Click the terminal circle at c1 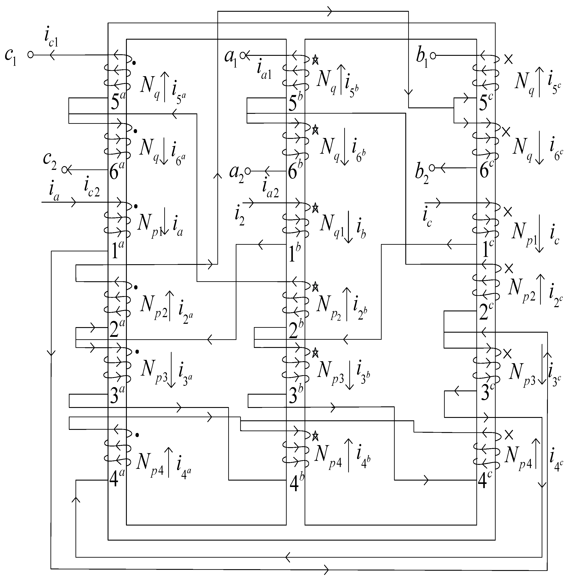coord(30,55)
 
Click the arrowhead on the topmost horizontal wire coord(330,12)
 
